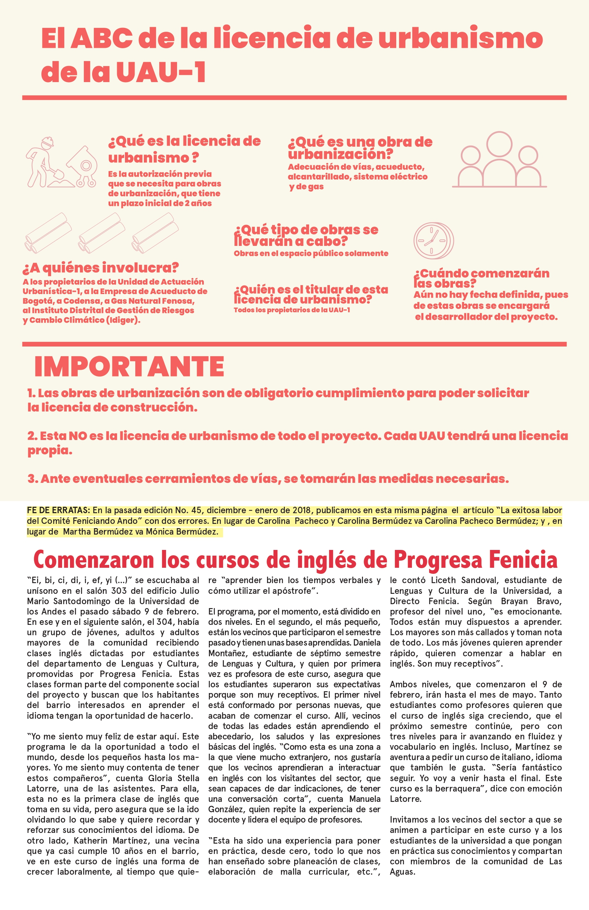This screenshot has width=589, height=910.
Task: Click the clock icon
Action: tap(433, 241)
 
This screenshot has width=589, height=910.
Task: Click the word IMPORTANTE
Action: tap(129, 367)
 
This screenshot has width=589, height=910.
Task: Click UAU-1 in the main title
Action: tap(161, 72)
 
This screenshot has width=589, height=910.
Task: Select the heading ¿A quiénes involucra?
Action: tap(101, 268)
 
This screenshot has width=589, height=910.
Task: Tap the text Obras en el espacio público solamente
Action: tap(311, 253)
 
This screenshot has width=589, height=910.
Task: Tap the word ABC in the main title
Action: tap(101, 38)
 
